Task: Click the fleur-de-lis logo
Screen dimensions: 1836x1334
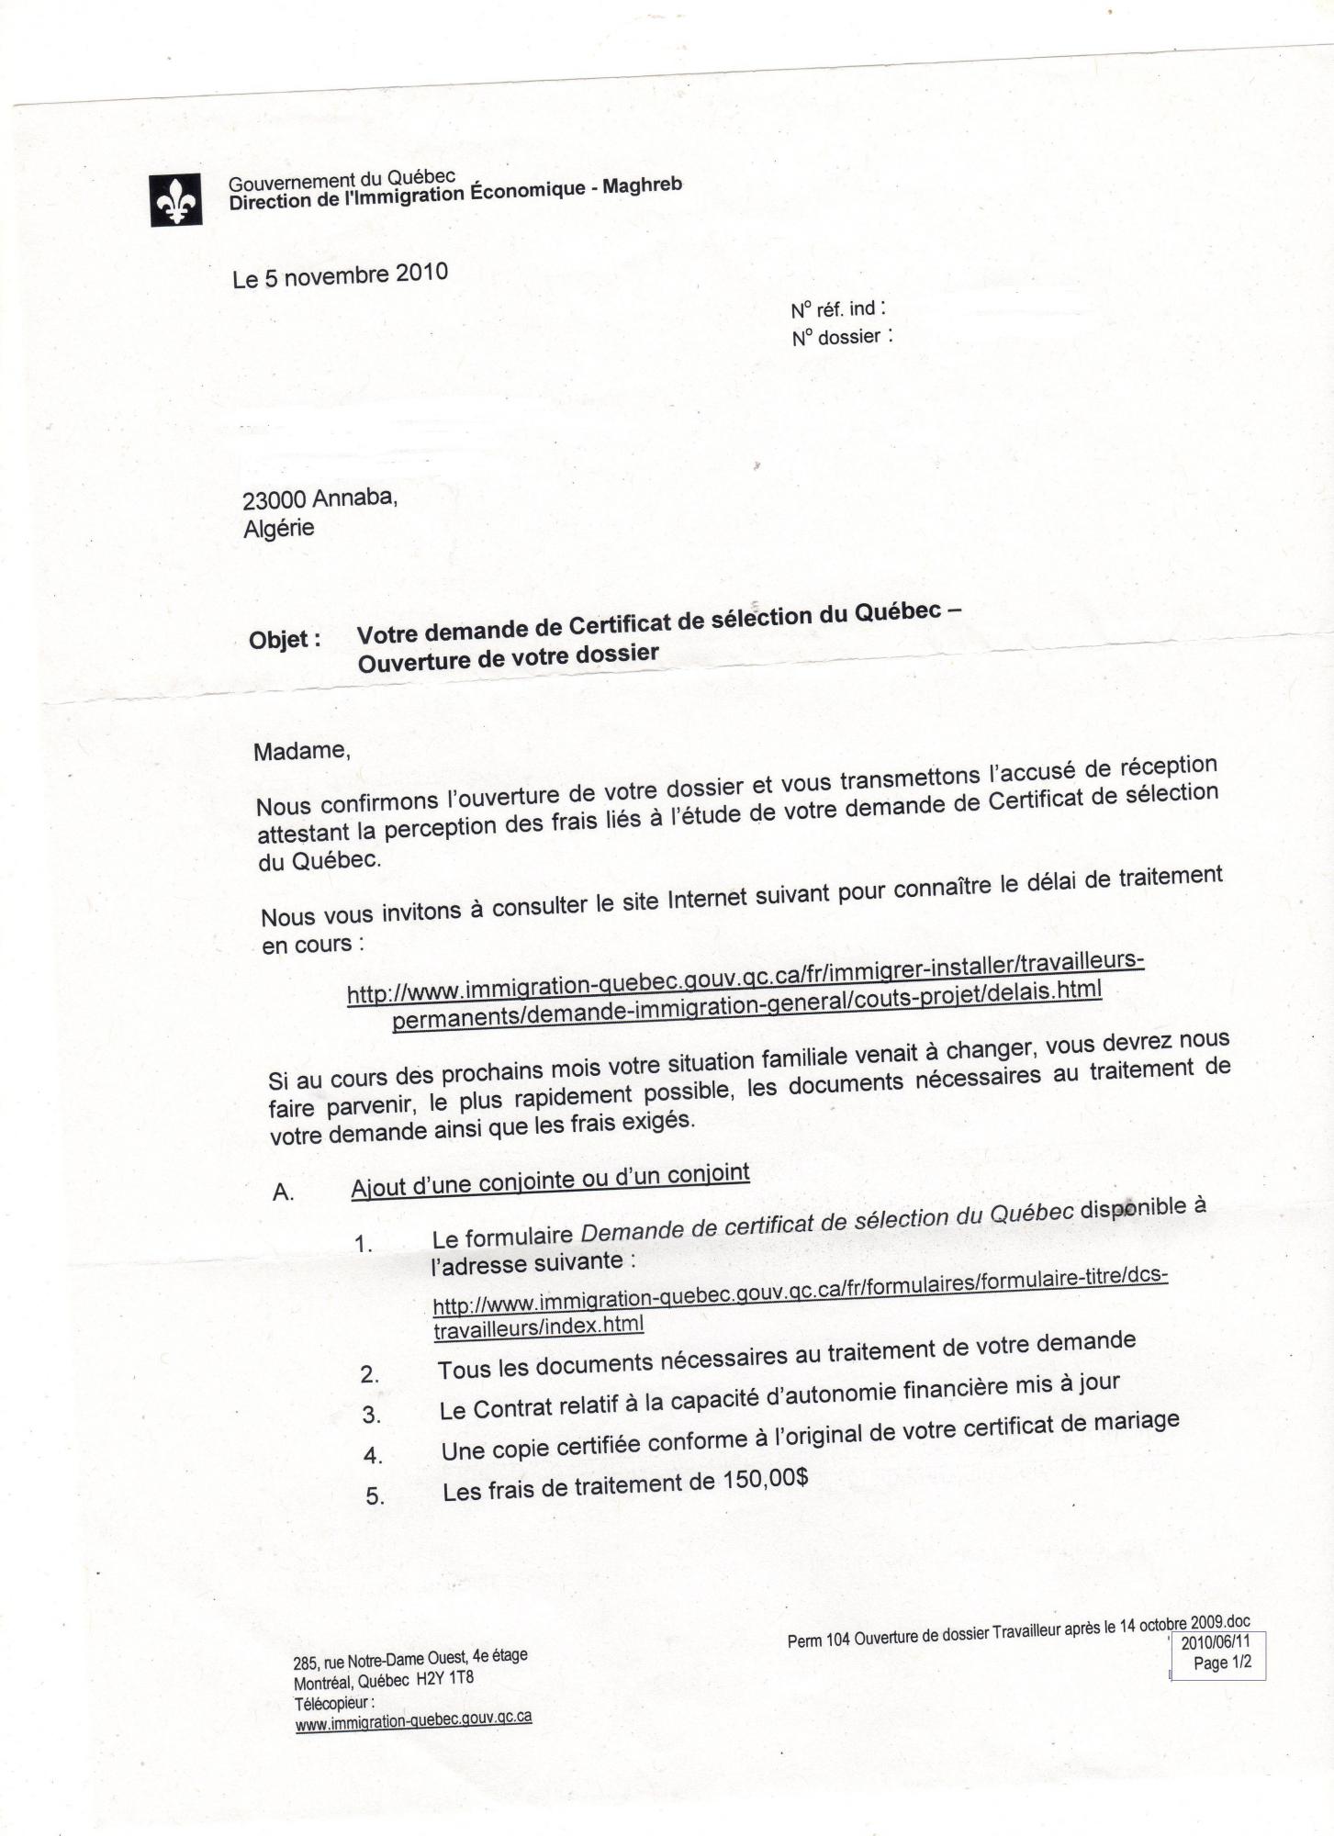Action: pyautogui.click(x=176, y=200)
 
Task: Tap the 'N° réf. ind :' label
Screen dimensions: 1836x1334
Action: pyautogui.click(x=838, y=309)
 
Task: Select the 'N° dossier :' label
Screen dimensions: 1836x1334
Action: pyautogui.click(x=842, y=337)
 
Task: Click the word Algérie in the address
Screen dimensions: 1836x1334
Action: pyautogui.click(x=279, y=529)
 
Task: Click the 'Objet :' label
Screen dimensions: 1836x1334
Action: pyautogui.click(x=285, y=640)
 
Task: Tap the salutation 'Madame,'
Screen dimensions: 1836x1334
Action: pyautogui.click(x=302, y=751)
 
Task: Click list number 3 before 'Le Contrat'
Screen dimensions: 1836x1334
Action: pyautogui.click(x=371, y=1416)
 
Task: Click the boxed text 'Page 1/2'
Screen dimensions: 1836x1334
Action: pyautogui.click(x=1222, y=1663)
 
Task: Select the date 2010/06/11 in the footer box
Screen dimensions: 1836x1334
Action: pyautogui.click(x=1216, y=1643)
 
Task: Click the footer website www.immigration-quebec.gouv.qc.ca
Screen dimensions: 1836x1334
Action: pyautogui.click(x=413, y=1718)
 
